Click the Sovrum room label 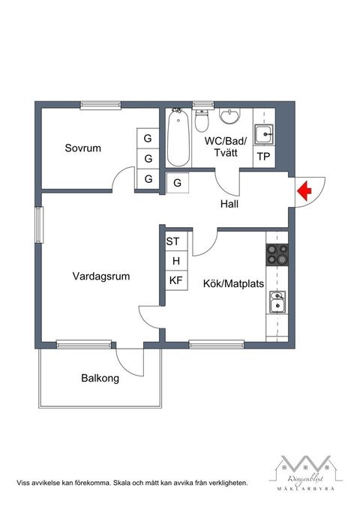coord(82,148)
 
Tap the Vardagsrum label coord(101,276)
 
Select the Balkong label coord(100,379)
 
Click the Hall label coord(229,204)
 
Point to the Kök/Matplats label coord(233,284)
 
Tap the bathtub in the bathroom coord(178,139)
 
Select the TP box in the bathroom coord(263,157)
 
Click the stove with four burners coord(277,256)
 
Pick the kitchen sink coord(277,302)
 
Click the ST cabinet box coord(173,241)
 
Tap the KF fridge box coord(175,281)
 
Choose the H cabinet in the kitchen coord(176,261)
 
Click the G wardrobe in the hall coord(178,182)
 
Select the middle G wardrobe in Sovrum coord(148,159)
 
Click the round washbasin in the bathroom coord(229,116)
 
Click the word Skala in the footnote coord(122,484)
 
